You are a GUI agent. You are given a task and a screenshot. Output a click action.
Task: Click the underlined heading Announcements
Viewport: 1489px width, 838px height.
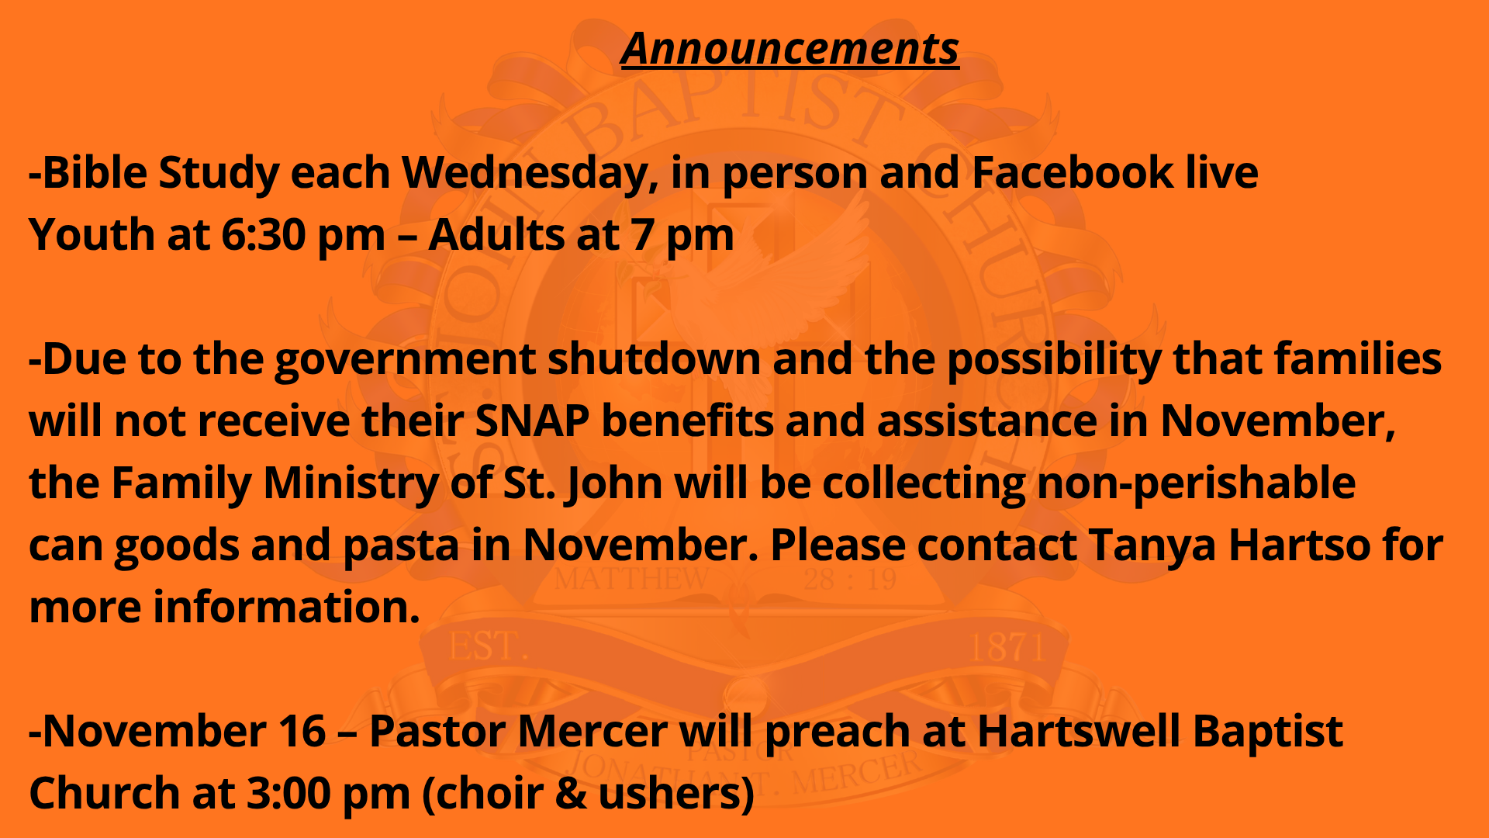(789, 49)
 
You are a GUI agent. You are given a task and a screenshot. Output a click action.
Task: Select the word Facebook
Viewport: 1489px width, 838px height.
(1073, 172)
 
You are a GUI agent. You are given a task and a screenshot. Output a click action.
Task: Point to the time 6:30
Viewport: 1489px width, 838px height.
(264, 235)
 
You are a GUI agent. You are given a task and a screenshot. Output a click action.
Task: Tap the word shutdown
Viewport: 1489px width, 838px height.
(655, 359)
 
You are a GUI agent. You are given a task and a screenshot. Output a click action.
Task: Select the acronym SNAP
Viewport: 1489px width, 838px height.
(532, 421)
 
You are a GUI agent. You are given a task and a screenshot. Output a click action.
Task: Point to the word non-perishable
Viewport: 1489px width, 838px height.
(1196, 484)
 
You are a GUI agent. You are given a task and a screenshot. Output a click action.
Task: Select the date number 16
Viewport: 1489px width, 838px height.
(301, 732)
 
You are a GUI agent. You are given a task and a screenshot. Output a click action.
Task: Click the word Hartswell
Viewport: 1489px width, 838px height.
(1079, 732)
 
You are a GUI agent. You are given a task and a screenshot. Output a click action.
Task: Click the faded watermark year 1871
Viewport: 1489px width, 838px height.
(1007, 647)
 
